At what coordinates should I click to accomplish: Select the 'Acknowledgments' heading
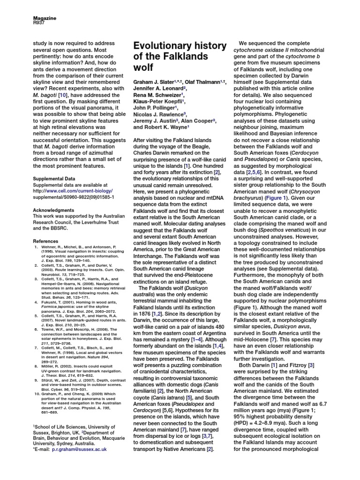(52, 211)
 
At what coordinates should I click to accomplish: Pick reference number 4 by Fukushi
(35, 303)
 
